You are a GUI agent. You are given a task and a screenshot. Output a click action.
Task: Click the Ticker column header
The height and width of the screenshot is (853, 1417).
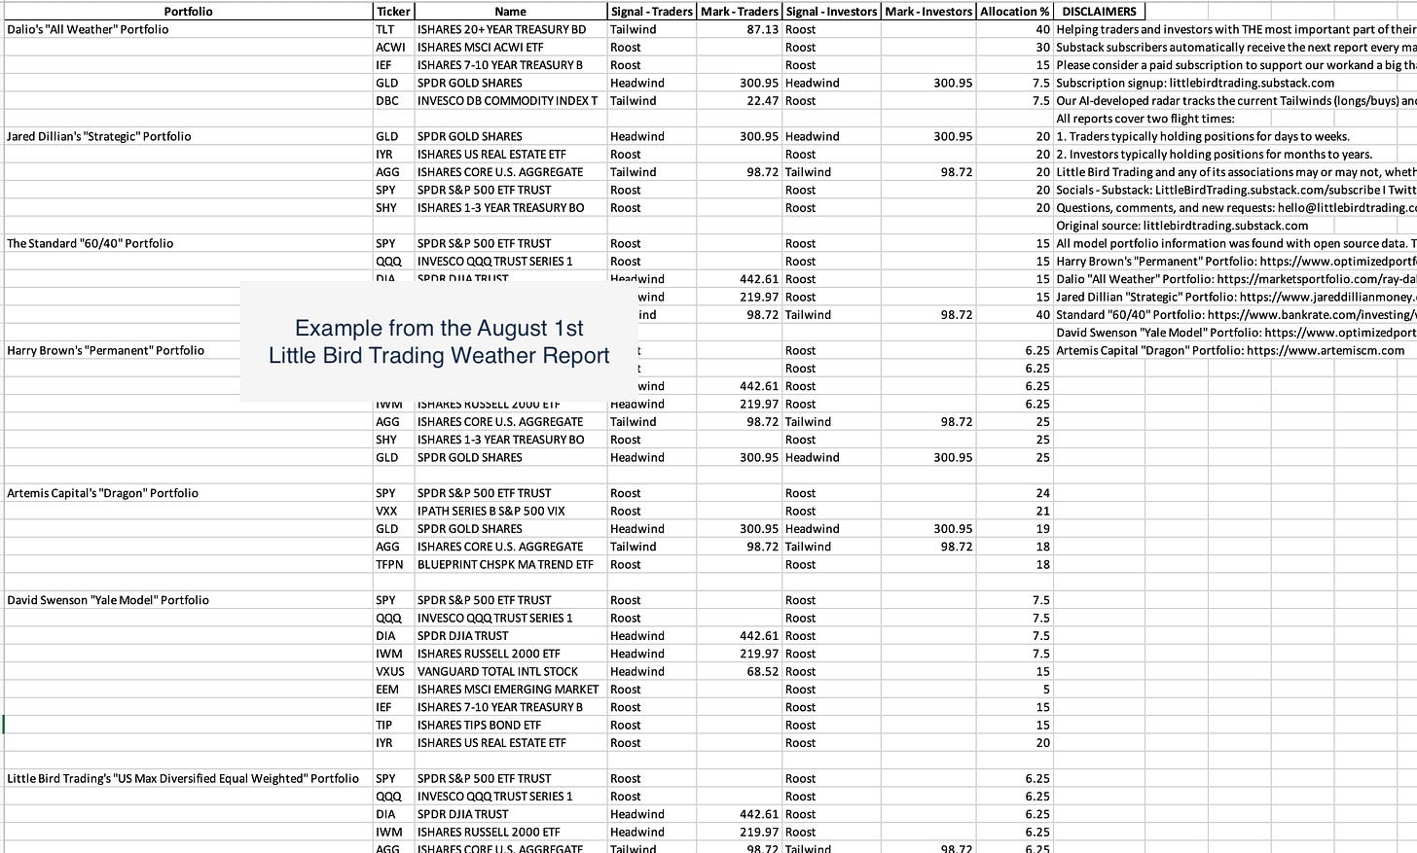coord(393,12)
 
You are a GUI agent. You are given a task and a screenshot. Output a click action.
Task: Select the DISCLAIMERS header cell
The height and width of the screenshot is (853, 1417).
coord(1099,12)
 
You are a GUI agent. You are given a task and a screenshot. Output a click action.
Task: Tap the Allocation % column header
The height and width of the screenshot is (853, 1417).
coord(1014,12)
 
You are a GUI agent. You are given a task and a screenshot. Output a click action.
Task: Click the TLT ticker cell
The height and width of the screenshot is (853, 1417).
coord(385,29)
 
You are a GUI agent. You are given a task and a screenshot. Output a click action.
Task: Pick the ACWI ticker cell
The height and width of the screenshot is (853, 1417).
coord(390,47)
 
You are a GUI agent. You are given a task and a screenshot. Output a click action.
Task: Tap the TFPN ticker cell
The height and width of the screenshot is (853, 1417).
coord(389,564)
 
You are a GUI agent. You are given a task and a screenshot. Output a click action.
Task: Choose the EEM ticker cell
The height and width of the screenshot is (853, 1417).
coord(387,689)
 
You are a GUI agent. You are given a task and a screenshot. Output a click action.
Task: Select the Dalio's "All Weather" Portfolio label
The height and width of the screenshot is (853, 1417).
coord(88,29)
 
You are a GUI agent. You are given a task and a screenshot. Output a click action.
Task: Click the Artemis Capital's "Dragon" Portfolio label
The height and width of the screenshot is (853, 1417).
coord(102,493)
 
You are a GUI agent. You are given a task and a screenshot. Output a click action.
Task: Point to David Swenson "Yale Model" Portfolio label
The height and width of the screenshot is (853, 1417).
coord(108,600)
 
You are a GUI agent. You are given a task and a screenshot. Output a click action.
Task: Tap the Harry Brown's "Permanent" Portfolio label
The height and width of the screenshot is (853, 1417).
coord(105,350)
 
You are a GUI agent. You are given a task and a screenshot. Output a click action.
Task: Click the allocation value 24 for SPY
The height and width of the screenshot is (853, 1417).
coord(1042,493)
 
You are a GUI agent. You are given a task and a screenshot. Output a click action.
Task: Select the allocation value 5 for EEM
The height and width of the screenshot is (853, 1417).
coord(1046,689)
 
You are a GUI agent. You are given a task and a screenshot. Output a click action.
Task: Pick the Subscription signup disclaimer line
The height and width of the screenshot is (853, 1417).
coord(1195,83)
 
